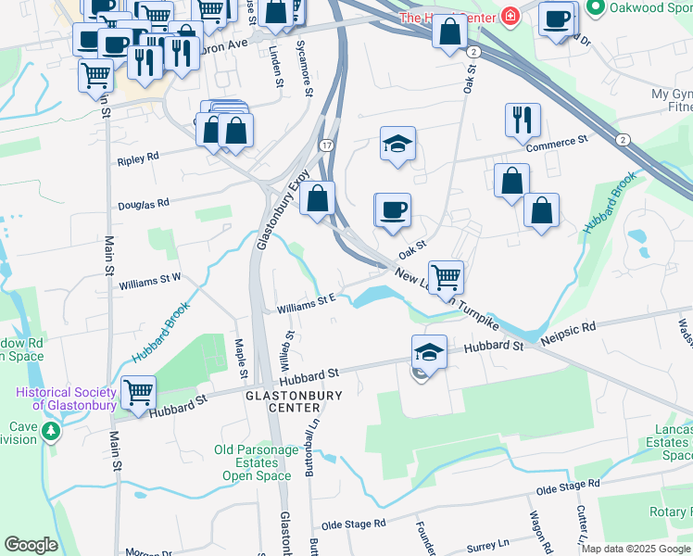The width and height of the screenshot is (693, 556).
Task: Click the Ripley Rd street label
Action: (138, 159)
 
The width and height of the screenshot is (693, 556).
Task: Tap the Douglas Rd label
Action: (144, 204)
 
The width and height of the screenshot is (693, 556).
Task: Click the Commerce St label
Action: (557, 142)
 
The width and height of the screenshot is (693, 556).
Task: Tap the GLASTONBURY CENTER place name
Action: (294, 401)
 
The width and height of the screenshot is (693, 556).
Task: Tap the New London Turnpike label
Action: (447, 299)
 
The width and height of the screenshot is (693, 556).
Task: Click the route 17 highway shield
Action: (326, 146)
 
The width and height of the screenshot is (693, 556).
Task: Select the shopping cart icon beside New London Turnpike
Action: (446, 276)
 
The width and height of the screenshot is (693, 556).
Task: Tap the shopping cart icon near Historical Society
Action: (138, 392)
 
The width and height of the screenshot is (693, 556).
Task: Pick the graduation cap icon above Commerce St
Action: (397, 144)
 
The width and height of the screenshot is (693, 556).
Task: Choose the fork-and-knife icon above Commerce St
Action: (523, 120)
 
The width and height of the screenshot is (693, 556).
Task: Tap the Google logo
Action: (30, 545)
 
